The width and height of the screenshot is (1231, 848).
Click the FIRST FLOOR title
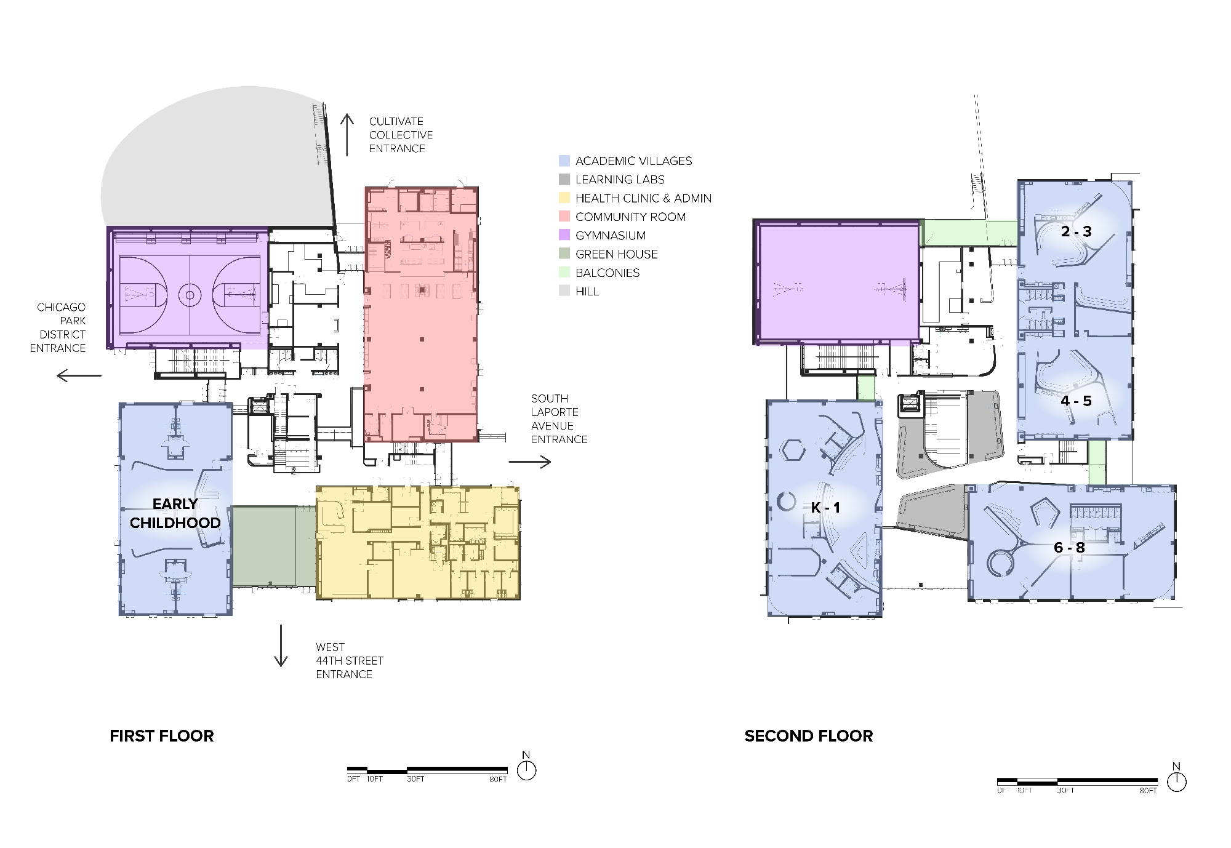click(162, 736)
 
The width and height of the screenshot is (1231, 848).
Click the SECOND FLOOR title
click(809, 736)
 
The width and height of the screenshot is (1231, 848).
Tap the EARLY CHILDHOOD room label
click(175, 513)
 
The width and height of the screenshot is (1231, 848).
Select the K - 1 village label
click(825, 508)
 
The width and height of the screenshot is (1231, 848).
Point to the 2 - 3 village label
click(1076, 231)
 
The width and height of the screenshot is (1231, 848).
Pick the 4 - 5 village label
click(1076, 401)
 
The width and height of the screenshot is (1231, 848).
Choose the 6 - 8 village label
click(1069, 547)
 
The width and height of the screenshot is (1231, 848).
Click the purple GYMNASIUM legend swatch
click(564, 236)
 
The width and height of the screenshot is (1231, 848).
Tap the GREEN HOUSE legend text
click(617, 254)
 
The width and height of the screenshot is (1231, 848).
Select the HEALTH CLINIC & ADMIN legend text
click(644, 198)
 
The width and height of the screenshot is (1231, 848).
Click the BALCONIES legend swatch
click(564, 273)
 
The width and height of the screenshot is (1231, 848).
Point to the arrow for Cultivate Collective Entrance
click(348, 135)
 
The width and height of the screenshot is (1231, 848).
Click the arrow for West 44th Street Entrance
click(281, 646)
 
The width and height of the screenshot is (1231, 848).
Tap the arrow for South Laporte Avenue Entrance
click(530, 462)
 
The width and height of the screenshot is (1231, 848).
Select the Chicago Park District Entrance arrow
click(79, 375)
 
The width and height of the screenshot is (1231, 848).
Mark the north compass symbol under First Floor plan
click(526, 769)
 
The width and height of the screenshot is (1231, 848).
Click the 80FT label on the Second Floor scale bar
click(1149, 791)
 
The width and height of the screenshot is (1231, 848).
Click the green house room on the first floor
click(274, 546)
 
